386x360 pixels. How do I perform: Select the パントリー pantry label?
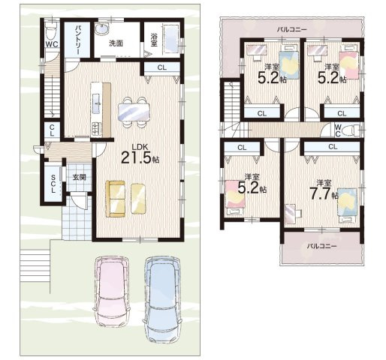(77, 40)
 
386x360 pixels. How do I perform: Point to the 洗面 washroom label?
(116, 43)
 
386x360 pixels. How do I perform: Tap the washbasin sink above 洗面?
(102, 28)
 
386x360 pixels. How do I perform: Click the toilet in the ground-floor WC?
(52, 30)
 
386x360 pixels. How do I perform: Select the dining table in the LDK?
(134, 112)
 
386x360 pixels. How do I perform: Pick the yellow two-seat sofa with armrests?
(116, 199)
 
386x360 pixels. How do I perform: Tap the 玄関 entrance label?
(80, 177)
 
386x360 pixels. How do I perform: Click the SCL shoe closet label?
(53, 184)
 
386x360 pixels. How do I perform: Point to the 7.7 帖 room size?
(324, 193)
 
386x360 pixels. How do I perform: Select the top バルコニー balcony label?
(291, 29)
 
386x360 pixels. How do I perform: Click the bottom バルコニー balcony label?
(321, 246)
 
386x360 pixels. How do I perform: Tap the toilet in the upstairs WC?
(351, 130)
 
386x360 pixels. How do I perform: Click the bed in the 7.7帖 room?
(347, 205)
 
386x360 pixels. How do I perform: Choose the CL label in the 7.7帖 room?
(333, 147)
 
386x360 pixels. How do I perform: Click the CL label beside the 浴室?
(162, 67)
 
